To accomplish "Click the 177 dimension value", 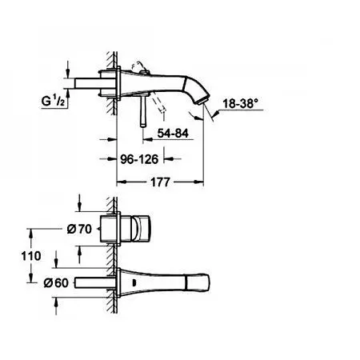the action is coord(160,182).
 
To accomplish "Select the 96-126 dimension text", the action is coord(139,159).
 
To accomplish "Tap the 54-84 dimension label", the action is coord(173,133).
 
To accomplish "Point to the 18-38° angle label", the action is coord(241,103).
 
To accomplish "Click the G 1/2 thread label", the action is coord(53,102).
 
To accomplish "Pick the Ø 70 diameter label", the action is coord(79,229).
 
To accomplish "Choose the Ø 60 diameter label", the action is coord(56,283).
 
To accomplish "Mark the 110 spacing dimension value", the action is coord(31,256).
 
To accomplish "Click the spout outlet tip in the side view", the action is coord(203,101).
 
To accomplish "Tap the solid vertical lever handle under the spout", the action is coord(144,111).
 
